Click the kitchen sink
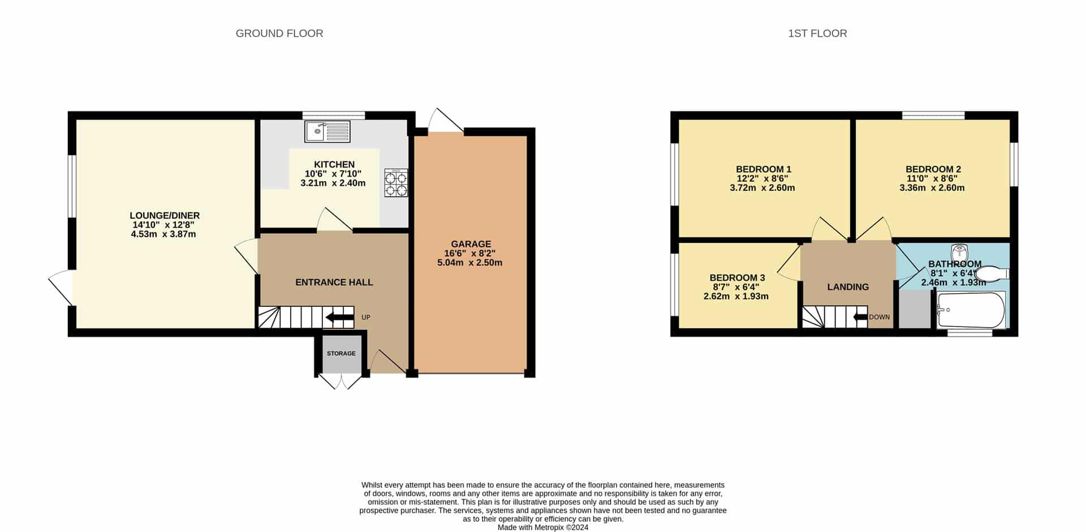[327, 131]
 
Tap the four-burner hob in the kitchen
[396, 183]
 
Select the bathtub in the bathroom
[971, 310]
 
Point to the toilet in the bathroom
[993, 274]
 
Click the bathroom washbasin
[960, 251]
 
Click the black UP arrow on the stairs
[340, 318]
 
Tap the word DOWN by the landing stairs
[879, 317]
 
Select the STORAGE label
[341, 353]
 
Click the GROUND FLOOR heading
[279, 33]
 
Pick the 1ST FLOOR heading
[817, 33]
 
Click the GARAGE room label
[471, 244]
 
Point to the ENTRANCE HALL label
[334, 282]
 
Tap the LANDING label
[848, 287]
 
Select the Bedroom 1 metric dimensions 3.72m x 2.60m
[762, 188]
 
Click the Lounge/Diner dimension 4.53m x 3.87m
[163, 234]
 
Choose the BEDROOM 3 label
[737, 278]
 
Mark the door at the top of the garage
[446, 120]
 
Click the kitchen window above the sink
[334, 115]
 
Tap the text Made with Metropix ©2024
[543, 527]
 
